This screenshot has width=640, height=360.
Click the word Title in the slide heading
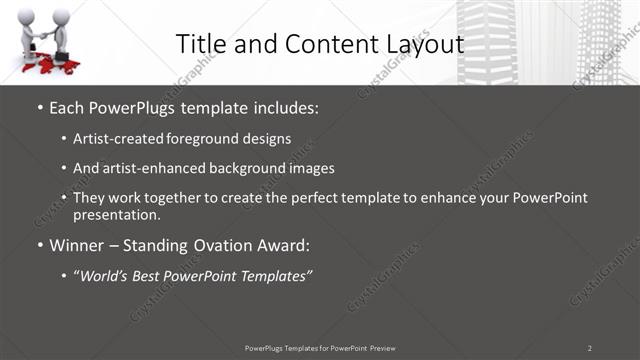pos(200,44)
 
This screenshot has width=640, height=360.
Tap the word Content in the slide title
pos(322,44)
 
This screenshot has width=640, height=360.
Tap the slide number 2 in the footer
pos(589,347)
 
